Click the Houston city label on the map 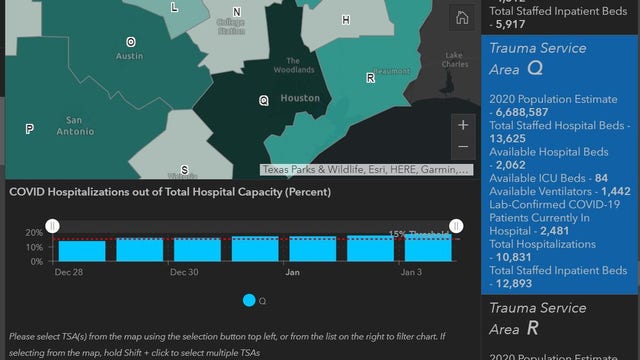pos(299,98)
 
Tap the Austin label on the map pos(130,56)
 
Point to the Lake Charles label pos(455,60)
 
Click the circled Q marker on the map pos(264,100)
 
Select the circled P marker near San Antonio pos(30,128)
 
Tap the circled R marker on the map pos(371,77)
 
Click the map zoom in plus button pos(462,126)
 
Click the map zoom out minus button pos(462,146)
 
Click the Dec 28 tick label pos(69,272)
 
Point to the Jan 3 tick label pos(412,272)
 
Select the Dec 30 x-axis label pos(184,272)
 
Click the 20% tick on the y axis pos(34,232)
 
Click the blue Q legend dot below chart pos(249,299)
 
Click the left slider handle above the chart pos(54,226)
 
